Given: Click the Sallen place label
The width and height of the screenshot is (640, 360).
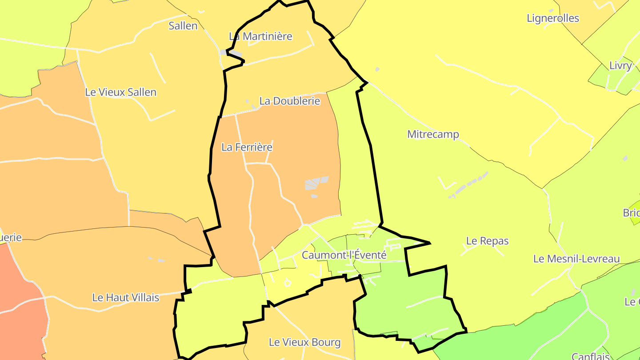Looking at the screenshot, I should pos(183,26).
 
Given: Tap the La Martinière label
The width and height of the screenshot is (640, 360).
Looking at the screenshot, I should pos(260,36).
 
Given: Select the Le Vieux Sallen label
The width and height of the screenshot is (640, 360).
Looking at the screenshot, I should pos(120,92).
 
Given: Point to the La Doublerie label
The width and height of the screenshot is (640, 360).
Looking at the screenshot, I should pos(289,101).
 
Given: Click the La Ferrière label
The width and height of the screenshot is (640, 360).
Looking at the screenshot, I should pos(247,147).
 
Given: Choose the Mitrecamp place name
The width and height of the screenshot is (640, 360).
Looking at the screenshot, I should pos(433,134).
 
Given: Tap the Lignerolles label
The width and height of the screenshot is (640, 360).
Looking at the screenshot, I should pos(552,18).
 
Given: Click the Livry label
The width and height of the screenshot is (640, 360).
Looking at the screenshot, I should pos(620,66).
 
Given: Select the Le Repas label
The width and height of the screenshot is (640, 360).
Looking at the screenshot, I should pos(487,241).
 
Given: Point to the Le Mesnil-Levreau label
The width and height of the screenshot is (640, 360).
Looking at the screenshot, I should pos(576,259).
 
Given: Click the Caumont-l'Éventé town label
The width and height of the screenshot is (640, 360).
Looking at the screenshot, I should pos(344,256).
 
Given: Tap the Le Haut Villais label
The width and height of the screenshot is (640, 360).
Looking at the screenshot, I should pos(125,297).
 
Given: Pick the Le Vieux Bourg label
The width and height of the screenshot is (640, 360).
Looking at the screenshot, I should pos(304,342).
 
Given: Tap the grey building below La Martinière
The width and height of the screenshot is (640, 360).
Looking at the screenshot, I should pos(231,53).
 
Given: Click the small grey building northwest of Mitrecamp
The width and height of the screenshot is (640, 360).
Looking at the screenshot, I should pos(377,69).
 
